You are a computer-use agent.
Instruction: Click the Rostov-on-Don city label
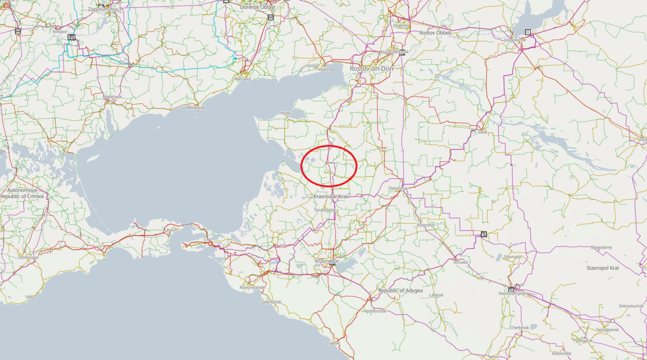[371, 68]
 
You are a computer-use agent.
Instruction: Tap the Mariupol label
[242, 79]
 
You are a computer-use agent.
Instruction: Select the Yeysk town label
[286, 113]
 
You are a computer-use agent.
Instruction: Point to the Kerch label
[172, 230]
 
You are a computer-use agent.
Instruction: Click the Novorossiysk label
[252, 287]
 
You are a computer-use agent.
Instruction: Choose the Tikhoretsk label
[398, 188]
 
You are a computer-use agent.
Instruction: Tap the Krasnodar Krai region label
[331, 196]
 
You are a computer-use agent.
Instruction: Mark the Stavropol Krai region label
[603, 268]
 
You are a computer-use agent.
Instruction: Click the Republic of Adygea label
[400, 291]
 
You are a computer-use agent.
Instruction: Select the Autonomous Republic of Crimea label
[22, 193]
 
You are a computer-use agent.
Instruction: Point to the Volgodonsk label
[516, 40]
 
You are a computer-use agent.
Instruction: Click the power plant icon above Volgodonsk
[528, 32]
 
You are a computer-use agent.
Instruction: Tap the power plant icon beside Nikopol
[71, 37]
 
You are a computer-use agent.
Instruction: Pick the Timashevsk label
[324, 209]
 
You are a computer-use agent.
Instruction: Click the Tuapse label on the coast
[333, 343]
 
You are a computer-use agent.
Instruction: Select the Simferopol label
[28, 257]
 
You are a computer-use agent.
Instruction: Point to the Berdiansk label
[197, 108]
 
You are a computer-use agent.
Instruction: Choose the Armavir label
[460, 262]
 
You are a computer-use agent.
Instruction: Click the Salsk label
[482, 132]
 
